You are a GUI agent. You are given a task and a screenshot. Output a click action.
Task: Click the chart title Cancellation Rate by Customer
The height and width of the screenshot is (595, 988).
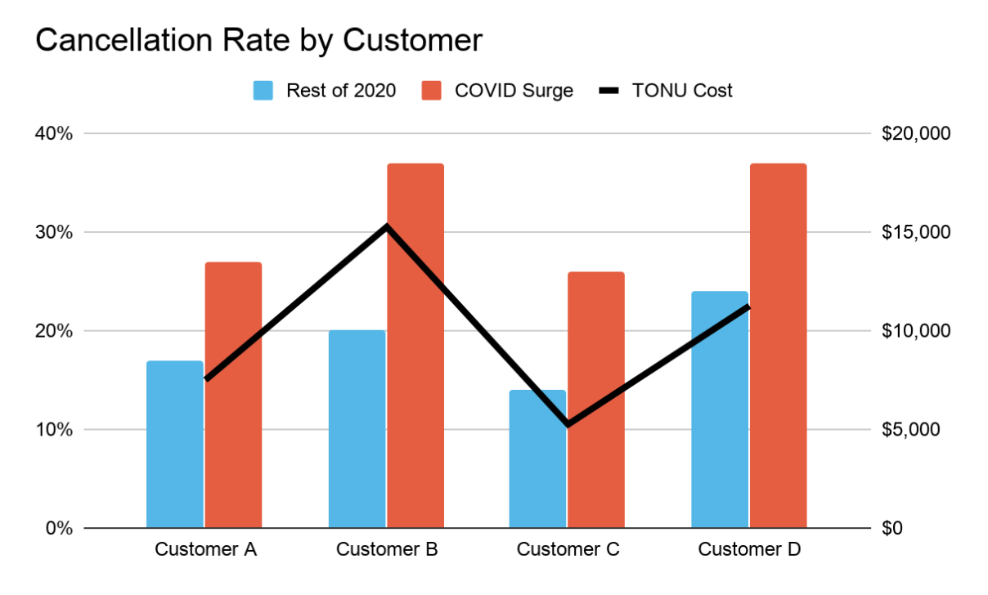click(258, 40)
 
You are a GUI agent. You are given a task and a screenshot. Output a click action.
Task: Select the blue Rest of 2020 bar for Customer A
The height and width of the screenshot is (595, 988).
click(174, 458)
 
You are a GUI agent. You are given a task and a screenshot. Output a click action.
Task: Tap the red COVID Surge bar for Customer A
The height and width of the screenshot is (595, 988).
click(233, 409)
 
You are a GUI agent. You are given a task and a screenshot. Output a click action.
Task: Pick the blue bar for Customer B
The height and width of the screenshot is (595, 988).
click(357, 441)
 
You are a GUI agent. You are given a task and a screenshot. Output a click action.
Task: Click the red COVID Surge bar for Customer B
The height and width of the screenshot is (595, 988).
click(415, 368)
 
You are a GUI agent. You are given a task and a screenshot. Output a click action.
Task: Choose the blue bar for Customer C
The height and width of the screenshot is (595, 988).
click(537, 474)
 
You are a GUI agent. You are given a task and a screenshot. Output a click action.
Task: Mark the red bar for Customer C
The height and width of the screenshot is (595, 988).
click(596, 409)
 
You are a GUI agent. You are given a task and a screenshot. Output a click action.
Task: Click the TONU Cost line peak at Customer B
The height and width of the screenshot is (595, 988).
click(386, 226)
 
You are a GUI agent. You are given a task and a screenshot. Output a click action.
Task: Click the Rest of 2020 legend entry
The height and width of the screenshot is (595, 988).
click(325, 90)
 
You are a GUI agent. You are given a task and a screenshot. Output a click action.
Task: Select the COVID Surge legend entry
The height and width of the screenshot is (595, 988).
click(497, 90)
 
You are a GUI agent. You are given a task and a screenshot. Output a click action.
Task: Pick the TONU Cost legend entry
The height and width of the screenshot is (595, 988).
click(666, 90)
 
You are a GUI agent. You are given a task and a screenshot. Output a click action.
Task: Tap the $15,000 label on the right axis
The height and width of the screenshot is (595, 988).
click(916, 232)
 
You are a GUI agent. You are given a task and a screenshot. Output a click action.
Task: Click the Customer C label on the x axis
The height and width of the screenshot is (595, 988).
click(568, 549)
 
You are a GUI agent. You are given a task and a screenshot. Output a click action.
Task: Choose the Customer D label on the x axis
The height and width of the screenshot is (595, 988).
click(749, 549)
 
